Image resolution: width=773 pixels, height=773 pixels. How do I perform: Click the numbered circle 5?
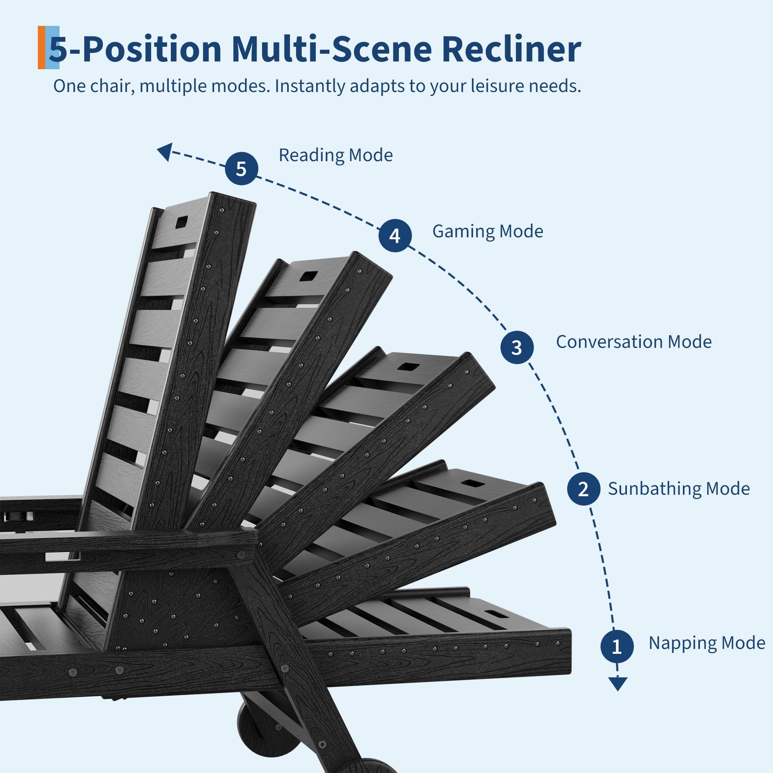(x=241, y=168)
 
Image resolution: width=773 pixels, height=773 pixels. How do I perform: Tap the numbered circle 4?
(x=395, y=236)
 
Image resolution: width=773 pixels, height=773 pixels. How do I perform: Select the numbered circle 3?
(x=517, y=347)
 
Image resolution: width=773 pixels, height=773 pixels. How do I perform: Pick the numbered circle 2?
(x=584, y=489)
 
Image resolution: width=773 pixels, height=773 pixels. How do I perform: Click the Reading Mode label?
(x=336, y=155)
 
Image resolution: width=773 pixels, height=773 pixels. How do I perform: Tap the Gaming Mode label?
(x=488, y=232)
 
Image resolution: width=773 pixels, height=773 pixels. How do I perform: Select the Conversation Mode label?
(x=634, y=342)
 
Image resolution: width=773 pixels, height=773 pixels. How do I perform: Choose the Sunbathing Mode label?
(x=679, y=489)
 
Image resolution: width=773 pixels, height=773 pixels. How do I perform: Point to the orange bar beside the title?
(x=41, y=48)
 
